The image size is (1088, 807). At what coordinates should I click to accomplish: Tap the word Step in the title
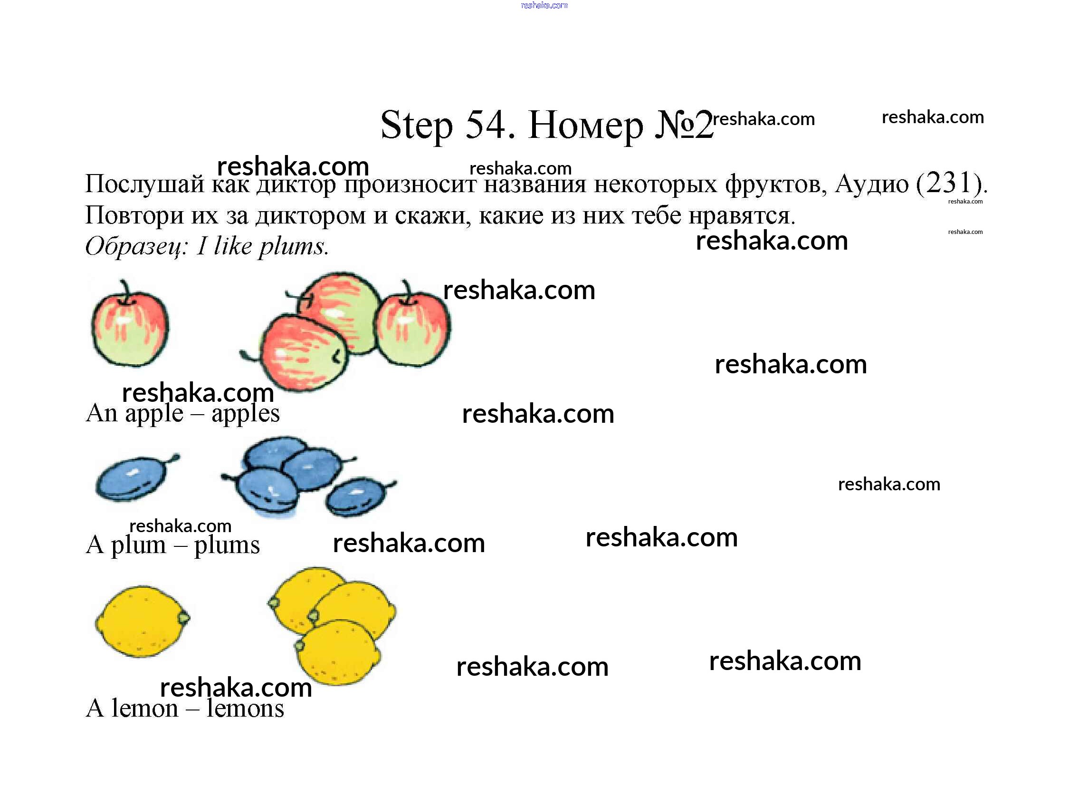[416, 126]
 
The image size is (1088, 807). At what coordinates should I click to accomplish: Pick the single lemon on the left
[141, 622]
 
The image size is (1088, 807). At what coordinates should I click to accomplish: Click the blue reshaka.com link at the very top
[544, 5]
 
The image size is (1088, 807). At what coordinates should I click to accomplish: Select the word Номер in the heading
[586, 126]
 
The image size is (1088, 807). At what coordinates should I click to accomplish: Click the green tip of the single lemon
[183, 618]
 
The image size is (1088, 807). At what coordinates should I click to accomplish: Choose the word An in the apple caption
[102, 413]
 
